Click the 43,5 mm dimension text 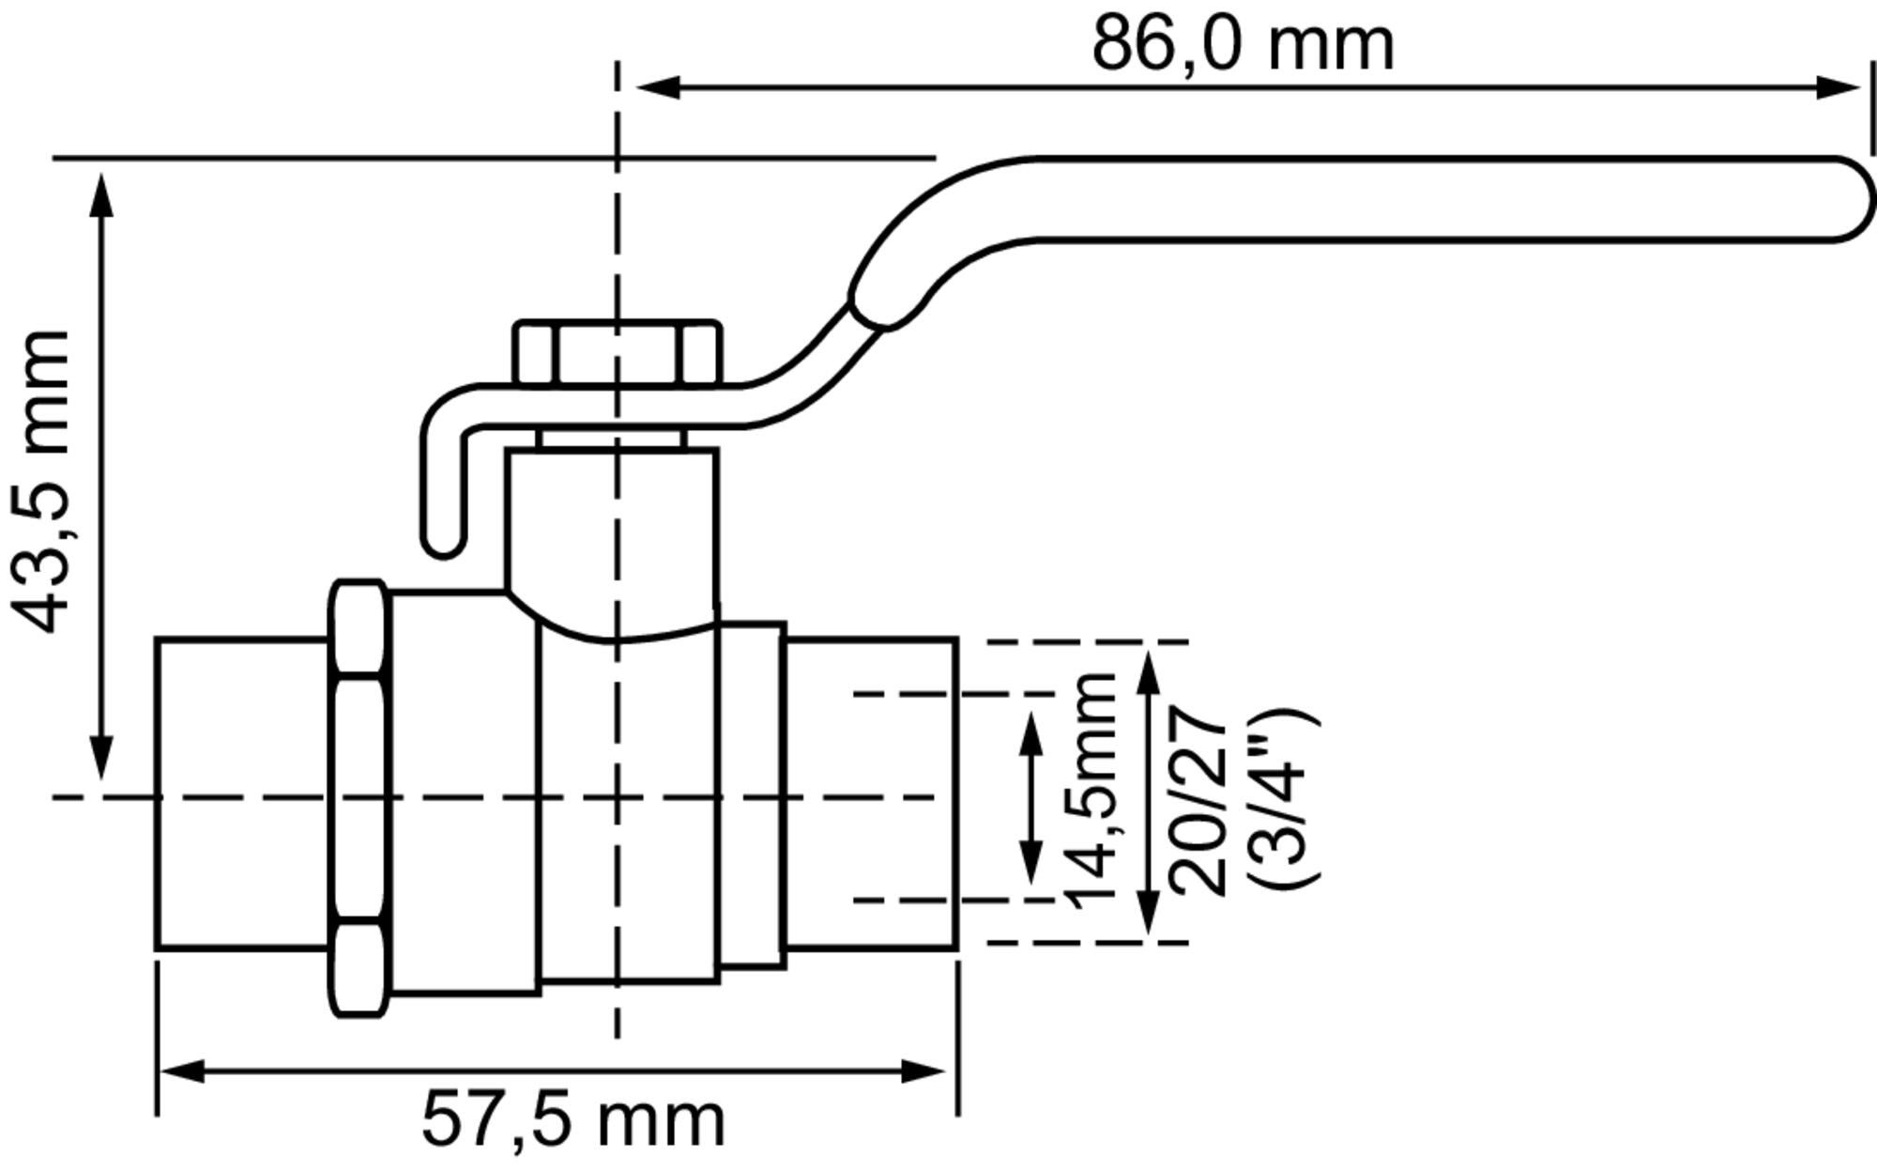pos(41,481)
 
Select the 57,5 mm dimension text pos(572,1119)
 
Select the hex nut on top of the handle pos(618,353)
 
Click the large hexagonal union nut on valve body pos(359,798)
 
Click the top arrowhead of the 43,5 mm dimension pos(102,193)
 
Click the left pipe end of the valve pos(242,794)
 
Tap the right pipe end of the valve pos(871,794)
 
